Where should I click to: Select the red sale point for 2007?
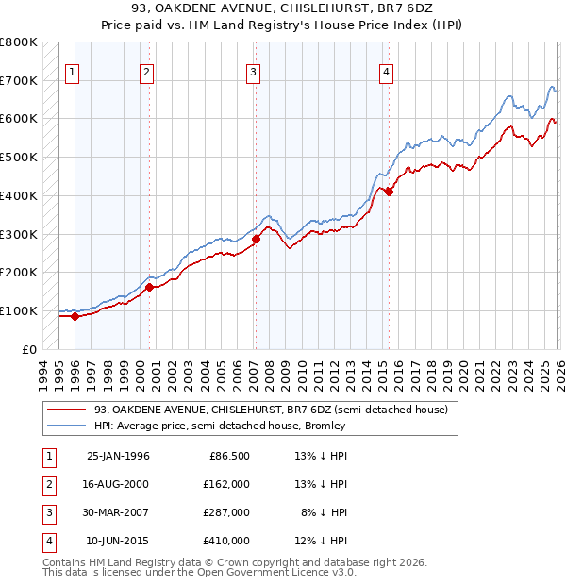click(256, 239)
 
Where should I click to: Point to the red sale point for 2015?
click(389, 192)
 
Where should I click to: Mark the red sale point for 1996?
click(75, 316)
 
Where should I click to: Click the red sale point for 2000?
click(149, 287)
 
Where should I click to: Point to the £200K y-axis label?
click(18, 273)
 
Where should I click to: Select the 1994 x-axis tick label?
click(43, 372)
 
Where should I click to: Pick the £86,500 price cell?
click(229, 455)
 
